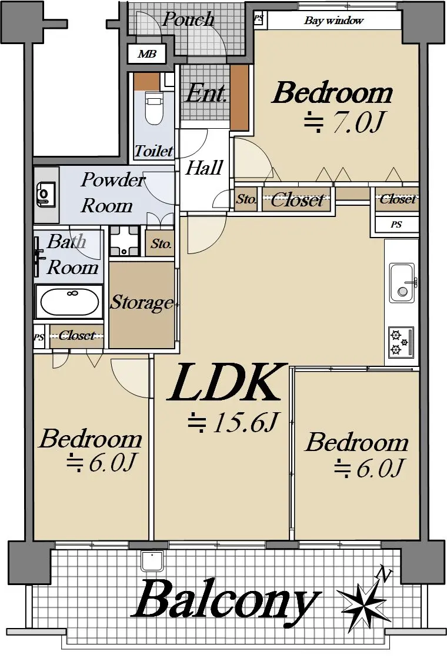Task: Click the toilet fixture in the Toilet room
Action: coord(154,108)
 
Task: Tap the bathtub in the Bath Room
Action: coord(69,302)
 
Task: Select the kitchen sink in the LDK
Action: coord(402,282)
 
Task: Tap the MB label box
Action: coord(147,54)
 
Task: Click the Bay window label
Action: coord(333,21)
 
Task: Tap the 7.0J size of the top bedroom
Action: coord(344,122)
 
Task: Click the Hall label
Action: coord(204,168)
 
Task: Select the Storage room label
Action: coord(142,303)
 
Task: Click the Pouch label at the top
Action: coord(188,19)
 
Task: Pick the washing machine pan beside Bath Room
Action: coord(124,241)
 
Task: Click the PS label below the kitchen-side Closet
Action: coord(396,225)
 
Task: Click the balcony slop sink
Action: coord(152,560)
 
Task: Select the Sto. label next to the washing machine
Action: coord(161,243)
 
